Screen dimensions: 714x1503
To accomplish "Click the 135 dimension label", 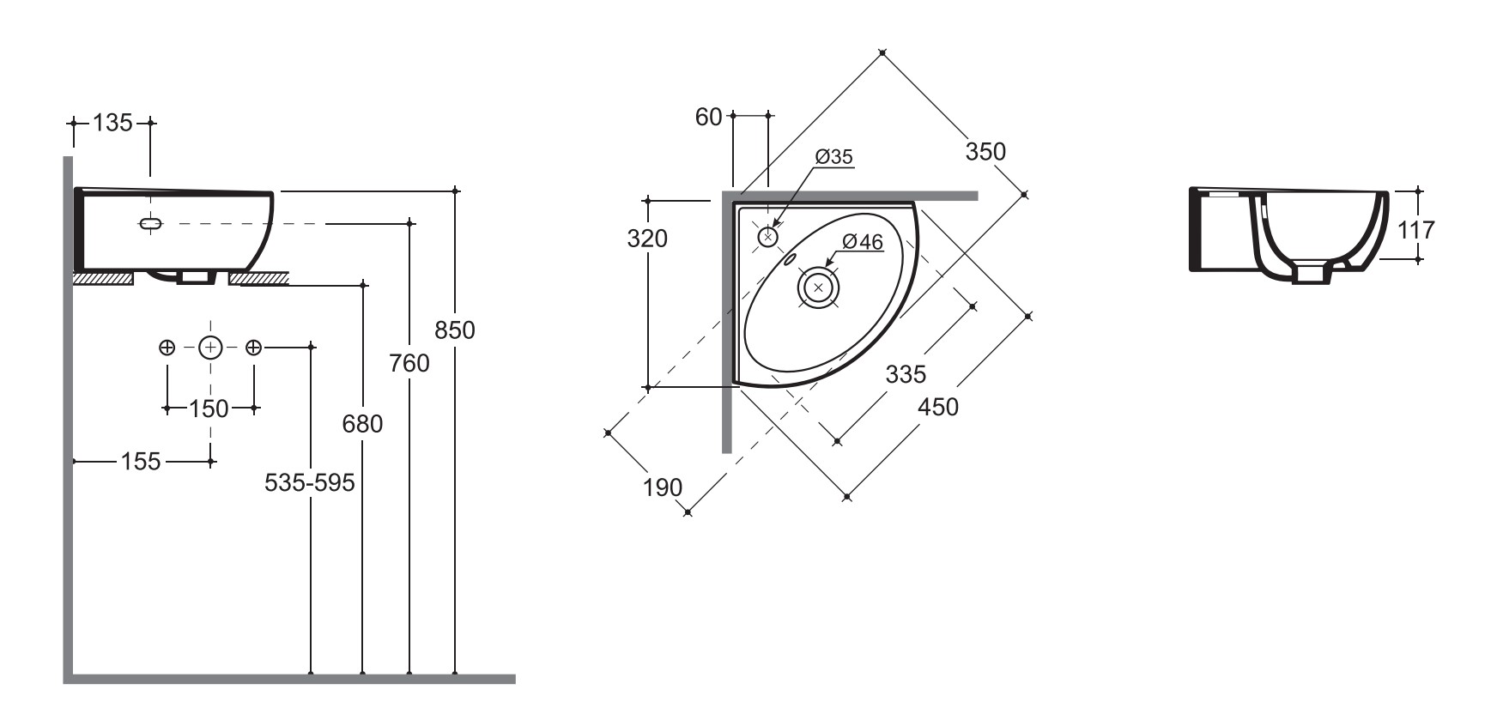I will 112,123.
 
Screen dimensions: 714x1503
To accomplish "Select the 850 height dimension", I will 454,330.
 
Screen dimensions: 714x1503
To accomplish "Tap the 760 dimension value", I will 409,364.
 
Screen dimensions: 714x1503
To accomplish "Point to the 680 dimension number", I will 362,424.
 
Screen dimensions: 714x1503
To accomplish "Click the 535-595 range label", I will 309,483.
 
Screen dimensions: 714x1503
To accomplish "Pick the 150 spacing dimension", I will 209,408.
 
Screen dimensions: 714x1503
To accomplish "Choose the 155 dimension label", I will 141,462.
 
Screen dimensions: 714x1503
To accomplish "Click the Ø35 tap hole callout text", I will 834,157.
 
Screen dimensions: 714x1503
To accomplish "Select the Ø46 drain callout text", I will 863,243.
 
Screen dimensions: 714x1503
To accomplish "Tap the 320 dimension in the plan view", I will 647,239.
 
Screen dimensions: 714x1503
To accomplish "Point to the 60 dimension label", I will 708,117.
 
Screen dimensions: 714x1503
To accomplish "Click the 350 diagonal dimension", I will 985,152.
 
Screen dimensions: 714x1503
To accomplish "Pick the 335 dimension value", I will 906,374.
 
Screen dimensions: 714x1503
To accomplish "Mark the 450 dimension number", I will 938,407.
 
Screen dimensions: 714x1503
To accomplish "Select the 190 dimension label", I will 663,487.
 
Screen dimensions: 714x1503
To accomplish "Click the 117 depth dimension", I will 1415,230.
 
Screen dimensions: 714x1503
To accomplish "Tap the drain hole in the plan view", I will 818,287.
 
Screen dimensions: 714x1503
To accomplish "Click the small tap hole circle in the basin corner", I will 768,236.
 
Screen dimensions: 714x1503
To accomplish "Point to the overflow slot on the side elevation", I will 150,223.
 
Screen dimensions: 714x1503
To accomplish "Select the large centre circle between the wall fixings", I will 210,348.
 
